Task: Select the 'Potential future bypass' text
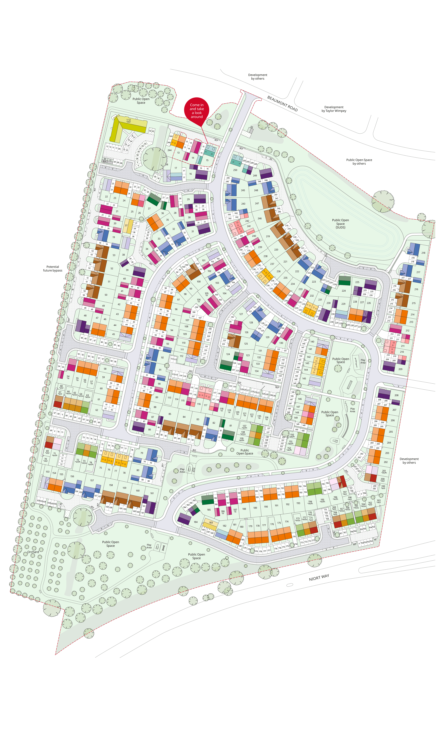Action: point(53,268)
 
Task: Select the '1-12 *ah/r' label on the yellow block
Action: point(129,121)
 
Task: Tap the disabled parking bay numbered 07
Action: point(129,146)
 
